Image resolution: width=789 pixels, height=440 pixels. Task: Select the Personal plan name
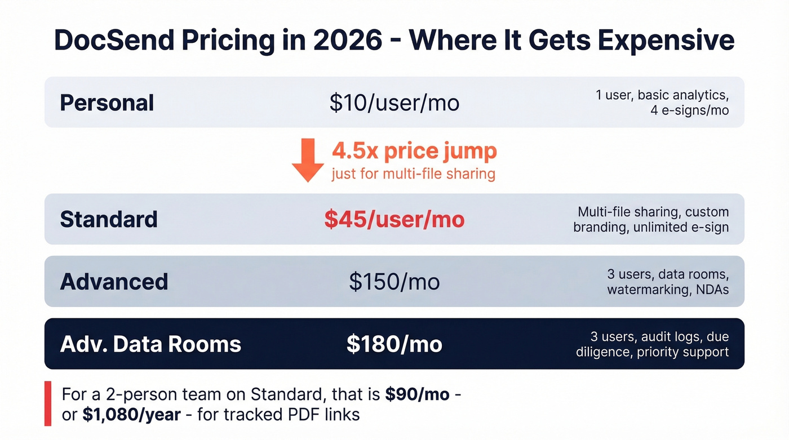107,103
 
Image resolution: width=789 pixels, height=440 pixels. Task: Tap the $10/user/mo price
394,103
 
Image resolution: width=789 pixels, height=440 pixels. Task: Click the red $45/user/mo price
394,219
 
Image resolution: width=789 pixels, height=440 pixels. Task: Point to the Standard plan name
109,219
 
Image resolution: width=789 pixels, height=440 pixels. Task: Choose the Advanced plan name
114,282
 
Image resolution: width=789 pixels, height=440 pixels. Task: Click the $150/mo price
394,282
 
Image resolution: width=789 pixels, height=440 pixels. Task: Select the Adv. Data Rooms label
150,344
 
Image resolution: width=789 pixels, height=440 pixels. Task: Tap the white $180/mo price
394,344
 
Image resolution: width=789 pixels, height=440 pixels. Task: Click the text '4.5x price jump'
414,151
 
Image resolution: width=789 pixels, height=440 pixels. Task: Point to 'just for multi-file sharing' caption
413,174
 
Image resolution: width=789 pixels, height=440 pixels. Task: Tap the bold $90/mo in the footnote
417,394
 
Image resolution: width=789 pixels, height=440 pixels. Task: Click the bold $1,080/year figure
131,415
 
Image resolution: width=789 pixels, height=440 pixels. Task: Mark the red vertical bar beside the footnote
48,403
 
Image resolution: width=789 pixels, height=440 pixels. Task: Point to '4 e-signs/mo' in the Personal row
689,110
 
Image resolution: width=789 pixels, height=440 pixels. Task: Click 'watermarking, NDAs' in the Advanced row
668,290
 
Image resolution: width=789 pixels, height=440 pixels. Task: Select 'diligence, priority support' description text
652,352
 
